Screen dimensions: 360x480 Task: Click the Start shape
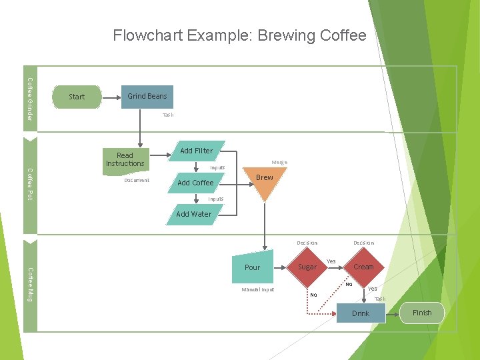tap(77, 97)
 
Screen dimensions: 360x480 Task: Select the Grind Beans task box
tap(147, 97)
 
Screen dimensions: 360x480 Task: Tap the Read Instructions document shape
tap(125, 159)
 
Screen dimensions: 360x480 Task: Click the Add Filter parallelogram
tap(196, 151)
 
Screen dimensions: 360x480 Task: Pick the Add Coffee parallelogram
tap(195, 183)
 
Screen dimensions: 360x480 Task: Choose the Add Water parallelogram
tap(193, 214)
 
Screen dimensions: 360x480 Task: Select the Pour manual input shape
tap(253, 267)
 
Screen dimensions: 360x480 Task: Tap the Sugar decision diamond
tap(307, 267)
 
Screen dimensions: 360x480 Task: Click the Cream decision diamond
tap(363, 267)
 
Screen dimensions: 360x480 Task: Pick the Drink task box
tap(361, 313)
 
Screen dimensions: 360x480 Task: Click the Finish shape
tap(422, 313)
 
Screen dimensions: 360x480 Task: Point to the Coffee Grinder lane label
tap(30, 99)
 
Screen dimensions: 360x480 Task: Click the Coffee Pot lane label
tap(30, 184)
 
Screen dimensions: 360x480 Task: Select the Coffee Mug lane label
tap(30, 284)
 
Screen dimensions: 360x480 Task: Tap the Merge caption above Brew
tap(279, 162)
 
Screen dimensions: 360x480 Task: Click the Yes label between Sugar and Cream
tap(331, 261)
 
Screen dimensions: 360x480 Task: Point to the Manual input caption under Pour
tap(257, 289)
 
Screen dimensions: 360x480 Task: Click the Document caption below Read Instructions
tap(137, 180)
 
